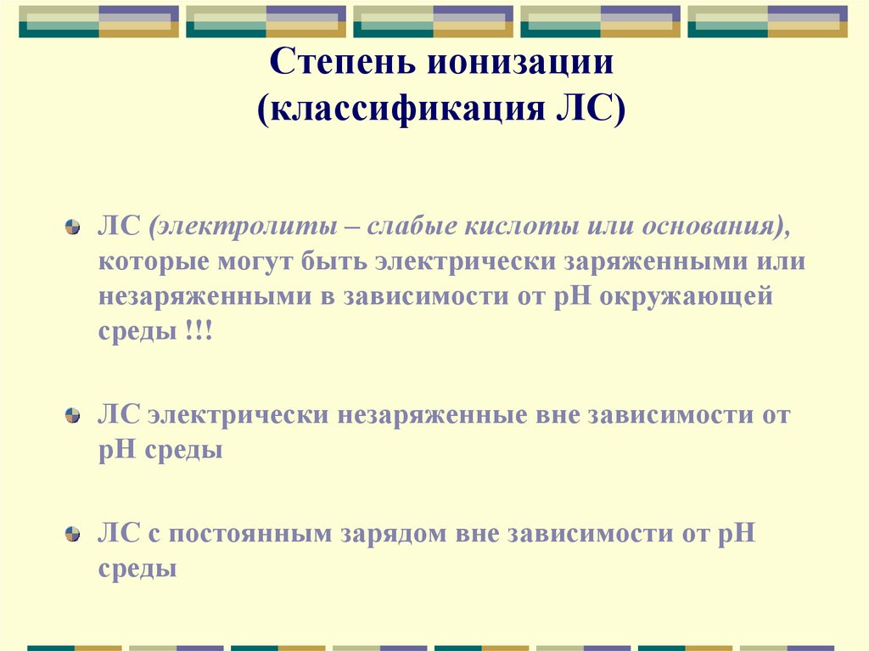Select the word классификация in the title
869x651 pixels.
[x=406, y=109]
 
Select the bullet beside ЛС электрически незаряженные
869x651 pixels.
[x=75, y=417]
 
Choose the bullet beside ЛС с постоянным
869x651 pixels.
[x=75, y=536]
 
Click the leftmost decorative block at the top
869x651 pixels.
[x=98, y=21]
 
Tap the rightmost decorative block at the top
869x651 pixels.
[x=767, y=21]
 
